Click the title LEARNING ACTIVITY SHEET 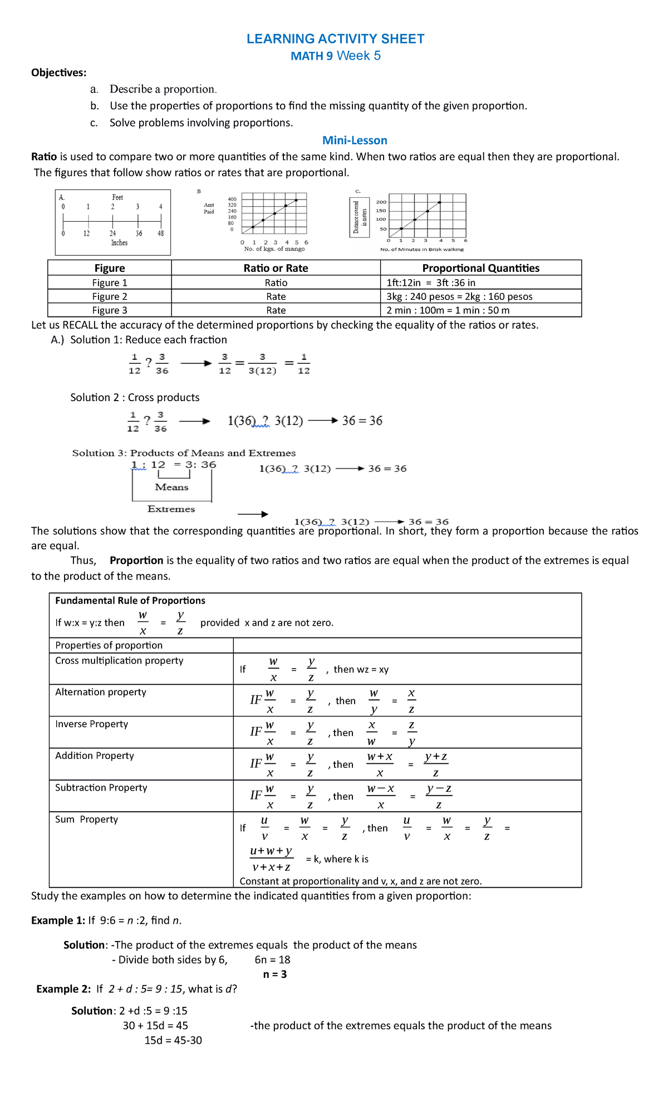[x=335, y=39]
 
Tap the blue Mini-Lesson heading [x=355, y=140]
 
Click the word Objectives [x=58, y=72]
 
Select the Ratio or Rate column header [x=276, y=268]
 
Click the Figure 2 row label [x=110, y=296]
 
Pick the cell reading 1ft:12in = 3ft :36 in [x=431, y=282]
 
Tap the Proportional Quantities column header [x=480, y=268]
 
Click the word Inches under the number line [x=119, y=243]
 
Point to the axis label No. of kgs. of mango [x=274, y=249]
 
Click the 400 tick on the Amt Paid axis [x=232, y=199]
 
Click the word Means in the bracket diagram [x=171, y=487]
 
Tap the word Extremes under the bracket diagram [x=171, y=509]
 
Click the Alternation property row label [x=101, y=692]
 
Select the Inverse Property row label [x=92, y=724]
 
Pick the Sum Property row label [x=87, y=819]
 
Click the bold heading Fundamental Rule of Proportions [x=130, y=601]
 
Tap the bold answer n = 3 [x=275, y=974]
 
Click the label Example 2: [x=63, y=989]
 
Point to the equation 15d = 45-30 [x=173, y=1040]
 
